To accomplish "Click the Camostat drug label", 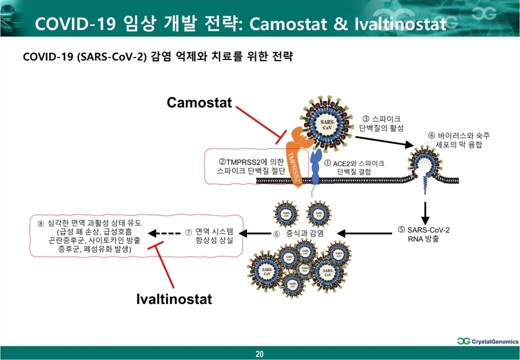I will pyautogui.click(x=199, y=102).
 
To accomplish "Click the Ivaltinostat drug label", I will pyautogui.click(x=174, y=299).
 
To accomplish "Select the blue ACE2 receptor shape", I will pyautogui.click(x=316, y=168).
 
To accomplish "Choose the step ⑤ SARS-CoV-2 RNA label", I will pyautogui.click(x=424, y=233).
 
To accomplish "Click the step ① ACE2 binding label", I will pyautogui.click(x=354, y=167).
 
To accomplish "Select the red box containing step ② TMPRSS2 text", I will pyautogui.click(x=245, y=166).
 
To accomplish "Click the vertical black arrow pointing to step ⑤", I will pyautogui.click(x=425, y=212).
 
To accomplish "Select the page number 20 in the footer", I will pyautogui.click(x=259, y=354).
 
